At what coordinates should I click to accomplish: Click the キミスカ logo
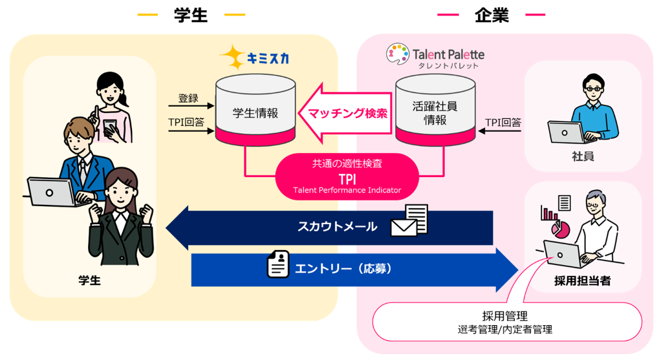click(x=254, y=58)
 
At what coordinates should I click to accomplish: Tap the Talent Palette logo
click(x=435, y=56)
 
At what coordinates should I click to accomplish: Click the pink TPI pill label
click(x=347, y=176)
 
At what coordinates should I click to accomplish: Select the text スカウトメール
click(x=337, y=227)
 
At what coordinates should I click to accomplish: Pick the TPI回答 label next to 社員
click(x=503, y=122)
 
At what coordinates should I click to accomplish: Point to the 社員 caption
click(x=583, y=156)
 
